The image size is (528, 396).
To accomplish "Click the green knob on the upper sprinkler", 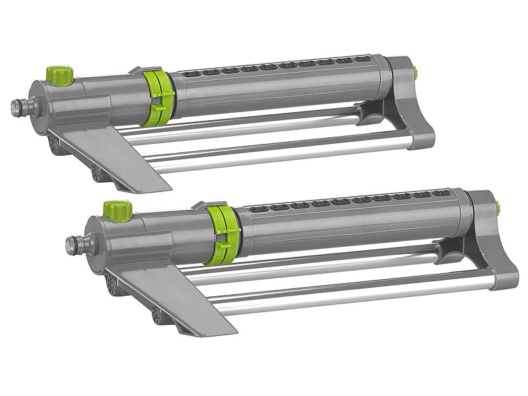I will tap(59, 74).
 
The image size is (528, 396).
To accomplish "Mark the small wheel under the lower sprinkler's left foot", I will tap(159, 315).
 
